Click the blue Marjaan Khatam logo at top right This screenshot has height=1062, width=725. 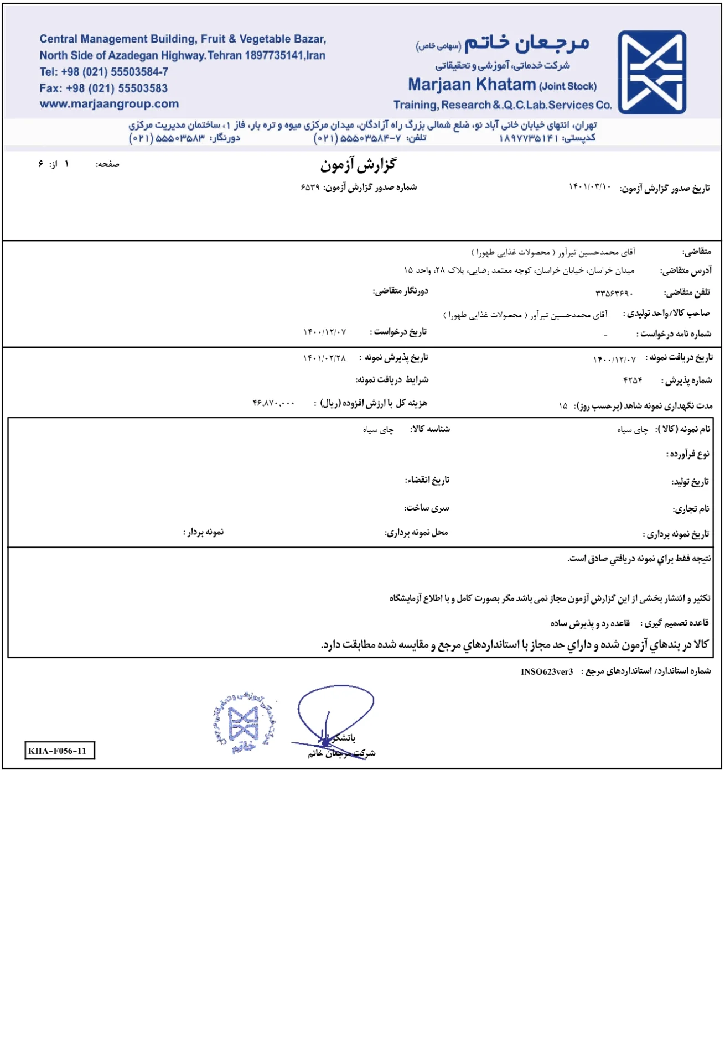pyautogui.click(x=651, y=72)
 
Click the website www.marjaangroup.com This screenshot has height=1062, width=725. pyautogui.click(x=109, y=104)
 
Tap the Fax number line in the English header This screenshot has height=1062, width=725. pyautogui.click(x=103, y=88)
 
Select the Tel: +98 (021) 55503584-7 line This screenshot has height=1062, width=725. pyautogui.click(x=104, y=72)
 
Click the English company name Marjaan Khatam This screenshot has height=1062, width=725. pyautogui.click(x=472, y=85)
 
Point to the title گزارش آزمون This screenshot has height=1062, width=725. pyautogui.click(x=358, y=165)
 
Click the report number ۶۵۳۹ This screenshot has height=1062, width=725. pyautogui.click(x=310, y=188)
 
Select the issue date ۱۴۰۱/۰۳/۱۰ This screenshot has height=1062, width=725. pyautogui.click(x=589, y=187)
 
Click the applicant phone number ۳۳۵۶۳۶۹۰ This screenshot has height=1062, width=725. pyautogui.click(x=614, y=293)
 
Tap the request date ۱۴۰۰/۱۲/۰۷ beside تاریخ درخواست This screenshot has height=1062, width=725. pyautogui.click(x=324, y=332)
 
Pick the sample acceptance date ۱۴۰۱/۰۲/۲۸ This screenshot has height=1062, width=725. pyautogui.click(x=324, y=358)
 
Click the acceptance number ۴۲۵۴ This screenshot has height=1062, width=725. pyautogui.click(x=632, y=381)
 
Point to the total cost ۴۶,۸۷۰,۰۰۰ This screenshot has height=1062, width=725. pyautogui.click(x=273, y=403)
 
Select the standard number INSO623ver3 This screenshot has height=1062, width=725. pyautogui.click(x=546, y=671)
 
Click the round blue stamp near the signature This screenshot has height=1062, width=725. pyautogui.click(x=244, y=723)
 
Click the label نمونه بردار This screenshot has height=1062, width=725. pyautogui.click(x=204, y=532)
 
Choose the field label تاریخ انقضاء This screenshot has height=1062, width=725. pyautogui.click(x=427, y=480)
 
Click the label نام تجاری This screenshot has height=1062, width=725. pyautogui.click(x=690, y=509)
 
